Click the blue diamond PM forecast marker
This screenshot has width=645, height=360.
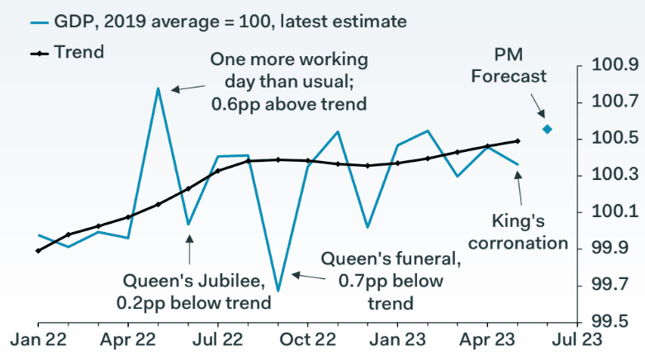pos(547,129)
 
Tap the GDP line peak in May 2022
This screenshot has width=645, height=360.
pos(159,88)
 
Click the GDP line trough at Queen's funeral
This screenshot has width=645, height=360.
pos(277,290)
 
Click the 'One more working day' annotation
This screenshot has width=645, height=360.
pos(289,83)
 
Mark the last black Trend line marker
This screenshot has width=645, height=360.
pos(517,141)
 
